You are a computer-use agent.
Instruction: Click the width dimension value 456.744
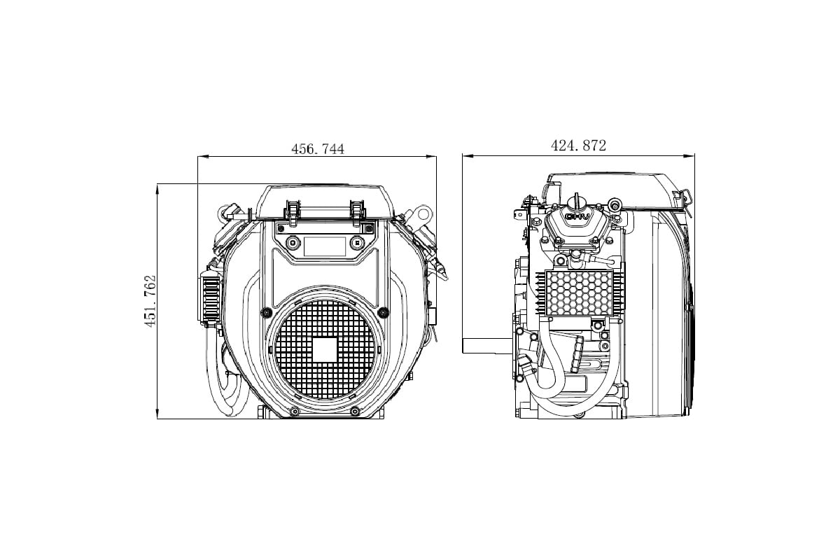(x=318, y=149)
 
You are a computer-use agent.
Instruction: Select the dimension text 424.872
(x=578, y=146)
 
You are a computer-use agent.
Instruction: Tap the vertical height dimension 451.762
(x=150, y=301)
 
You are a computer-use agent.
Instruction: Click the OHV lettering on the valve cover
(x=577, y=216)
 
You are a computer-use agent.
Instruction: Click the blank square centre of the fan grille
(x=325, y=349)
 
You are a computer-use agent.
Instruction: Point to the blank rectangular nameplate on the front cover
(x=325, y=246)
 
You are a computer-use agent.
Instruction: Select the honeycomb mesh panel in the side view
(x=580, y=293)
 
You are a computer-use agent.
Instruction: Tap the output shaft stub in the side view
(x=487, y=346)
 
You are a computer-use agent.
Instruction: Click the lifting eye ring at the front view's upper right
(x=423, y=214)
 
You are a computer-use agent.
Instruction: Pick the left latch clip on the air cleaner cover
(x=293, y=213)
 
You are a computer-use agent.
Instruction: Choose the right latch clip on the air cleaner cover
(x=358, y=213)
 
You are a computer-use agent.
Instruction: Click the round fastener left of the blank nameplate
(x=293, y=243)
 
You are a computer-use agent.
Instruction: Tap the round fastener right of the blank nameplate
(x=357, y=243)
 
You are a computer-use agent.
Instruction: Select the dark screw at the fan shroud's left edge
(x=267, y=311)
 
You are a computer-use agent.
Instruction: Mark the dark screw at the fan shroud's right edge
(x=384, y=311)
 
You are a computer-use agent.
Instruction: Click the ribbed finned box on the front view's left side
(x=210, y=296)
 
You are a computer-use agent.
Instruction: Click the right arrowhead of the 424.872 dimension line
(x=689, y=155)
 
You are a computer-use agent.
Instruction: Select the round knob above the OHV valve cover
(x=576, y=203)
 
